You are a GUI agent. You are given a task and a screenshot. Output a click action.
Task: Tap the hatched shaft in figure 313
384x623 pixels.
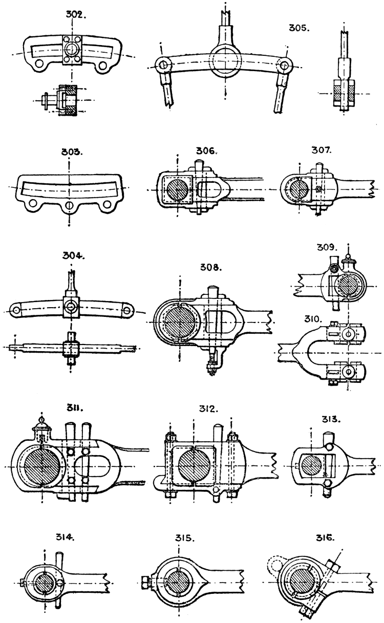[311, 466]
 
